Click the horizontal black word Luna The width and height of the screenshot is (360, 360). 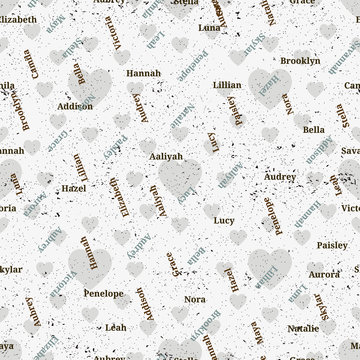210,28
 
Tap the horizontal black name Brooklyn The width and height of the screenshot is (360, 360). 299,61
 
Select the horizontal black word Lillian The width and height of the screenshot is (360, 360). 227,85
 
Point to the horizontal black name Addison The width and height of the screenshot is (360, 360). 75,105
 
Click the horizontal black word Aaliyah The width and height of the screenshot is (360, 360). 166,156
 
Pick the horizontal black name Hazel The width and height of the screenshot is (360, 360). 72,187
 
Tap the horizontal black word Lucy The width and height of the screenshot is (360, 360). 225,219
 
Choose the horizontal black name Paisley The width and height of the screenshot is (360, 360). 332,244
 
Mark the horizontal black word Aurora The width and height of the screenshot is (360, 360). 323,273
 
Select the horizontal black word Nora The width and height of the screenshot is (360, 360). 195,298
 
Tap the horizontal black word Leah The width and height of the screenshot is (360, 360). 116,327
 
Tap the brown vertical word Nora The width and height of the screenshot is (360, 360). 289,105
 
